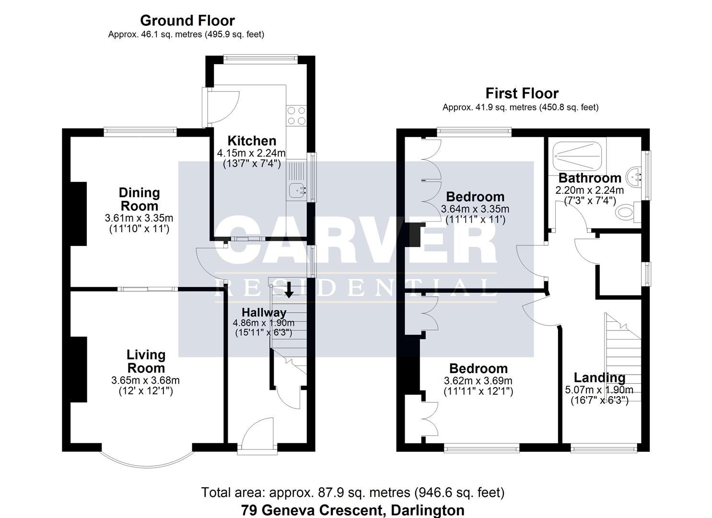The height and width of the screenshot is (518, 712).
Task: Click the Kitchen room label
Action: pyautogui.click(x=252, y=141)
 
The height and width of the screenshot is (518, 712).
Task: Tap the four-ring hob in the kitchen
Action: pyautogui.click(x=296, y=116)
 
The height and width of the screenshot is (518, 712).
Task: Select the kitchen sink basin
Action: pyautogui.click(x=298, y=190)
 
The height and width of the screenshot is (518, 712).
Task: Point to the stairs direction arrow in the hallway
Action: pyautogui.click(x=289, y=290)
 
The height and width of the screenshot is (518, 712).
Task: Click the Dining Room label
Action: pyautogui.click(x=139, y=200)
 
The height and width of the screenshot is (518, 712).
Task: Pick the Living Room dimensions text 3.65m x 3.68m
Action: pyautogui.click(x=146, y=380)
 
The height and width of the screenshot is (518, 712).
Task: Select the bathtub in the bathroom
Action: pyautogui.click(x=577, y=156)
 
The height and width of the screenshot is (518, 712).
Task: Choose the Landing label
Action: pyautogui.click(x=599, y=377)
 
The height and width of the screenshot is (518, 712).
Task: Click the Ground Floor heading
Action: pyautogui.click(x=187, y=21)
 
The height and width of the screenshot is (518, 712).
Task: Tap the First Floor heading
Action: pyautogui.click(x=522, y=94)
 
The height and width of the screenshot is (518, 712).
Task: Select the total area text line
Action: pyautogui.click(x=353, y=493)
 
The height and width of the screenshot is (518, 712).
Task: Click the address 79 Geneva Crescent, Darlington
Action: pyautogui.click(x=353, y=510)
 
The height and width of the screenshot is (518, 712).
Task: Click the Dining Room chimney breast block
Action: pyautogui.click(x=78, y=214)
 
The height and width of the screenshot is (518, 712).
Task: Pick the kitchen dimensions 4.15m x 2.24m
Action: pyautogui.click(x=251, y=153)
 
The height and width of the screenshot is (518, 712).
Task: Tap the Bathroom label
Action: pyautogui.click(x=590, y=178)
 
